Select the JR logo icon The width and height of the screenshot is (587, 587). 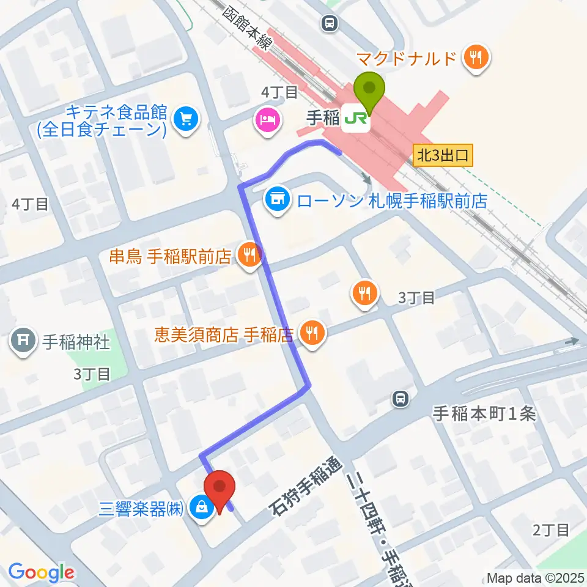[356, 118]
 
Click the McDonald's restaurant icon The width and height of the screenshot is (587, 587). [475, 58]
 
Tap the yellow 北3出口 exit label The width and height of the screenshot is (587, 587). [443, 155]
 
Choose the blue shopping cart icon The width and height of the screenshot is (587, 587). [185, 118]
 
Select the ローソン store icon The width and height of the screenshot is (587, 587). [278, 199]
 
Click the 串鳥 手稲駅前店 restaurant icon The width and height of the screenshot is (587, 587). [249, 257]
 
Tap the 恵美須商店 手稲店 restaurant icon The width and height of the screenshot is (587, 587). [312, 333]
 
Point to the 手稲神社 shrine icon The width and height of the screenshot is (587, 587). [23, 341]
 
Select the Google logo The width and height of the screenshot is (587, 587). [41, 572]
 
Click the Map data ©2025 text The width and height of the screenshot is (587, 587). [535, 577]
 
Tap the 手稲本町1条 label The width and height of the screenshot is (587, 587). [484, 415]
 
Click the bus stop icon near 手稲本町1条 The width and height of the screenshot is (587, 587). [400, 399]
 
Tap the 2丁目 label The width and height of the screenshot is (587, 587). [551, 530]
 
